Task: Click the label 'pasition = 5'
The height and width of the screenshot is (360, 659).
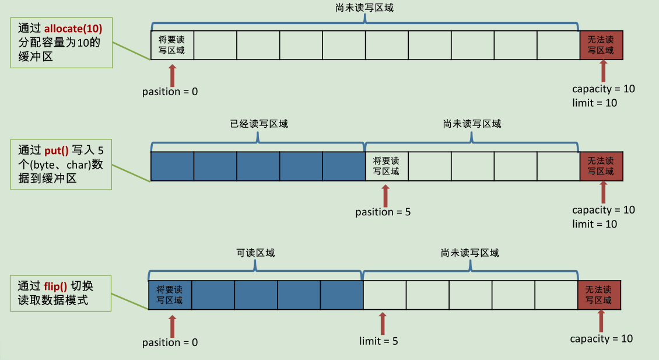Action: coord(383,212)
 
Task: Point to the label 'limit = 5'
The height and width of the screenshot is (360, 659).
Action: coord(378,341)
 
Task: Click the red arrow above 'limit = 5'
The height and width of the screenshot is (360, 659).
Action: coord(383,323)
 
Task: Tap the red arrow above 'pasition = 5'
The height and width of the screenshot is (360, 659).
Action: coord(385,194)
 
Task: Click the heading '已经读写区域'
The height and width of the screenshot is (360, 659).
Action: coord(258,124)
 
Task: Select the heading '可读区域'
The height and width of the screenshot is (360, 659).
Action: coord(255,253)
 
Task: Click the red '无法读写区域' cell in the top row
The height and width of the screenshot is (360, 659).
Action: coord(601,46)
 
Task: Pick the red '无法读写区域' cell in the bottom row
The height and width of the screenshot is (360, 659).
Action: coord(598,295)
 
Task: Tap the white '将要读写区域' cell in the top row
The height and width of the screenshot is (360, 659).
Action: coord(171,46)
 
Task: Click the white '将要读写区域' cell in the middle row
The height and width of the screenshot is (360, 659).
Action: coord(387,166)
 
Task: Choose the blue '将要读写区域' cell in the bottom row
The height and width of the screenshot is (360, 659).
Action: coord(170,295)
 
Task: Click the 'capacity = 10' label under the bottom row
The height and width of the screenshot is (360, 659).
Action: coord(601,339)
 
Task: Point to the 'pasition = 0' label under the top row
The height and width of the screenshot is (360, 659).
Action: coord(170,92)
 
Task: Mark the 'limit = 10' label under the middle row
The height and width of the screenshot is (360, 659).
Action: coord(594,224)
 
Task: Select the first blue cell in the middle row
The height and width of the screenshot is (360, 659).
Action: coord(172,166)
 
